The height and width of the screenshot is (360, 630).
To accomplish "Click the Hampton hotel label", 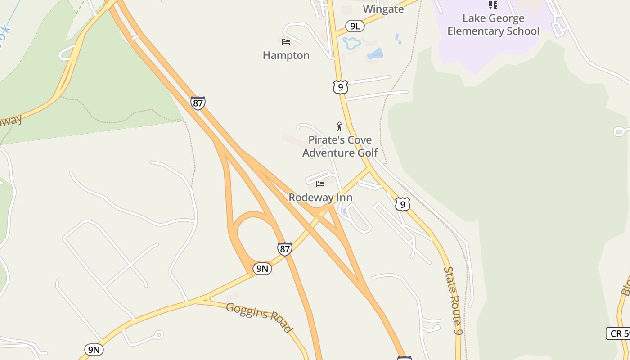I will tap(286, 55).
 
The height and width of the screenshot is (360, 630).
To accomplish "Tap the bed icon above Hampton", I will tap(286, 42).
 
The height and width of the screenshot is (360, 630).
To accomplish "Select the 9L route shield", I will tap(355, 26).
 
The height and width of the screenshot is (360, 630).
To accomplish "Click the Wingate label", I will tap(383, 9).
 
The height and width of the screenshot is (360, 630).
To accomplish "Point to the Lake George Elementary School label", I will tap(493, 25).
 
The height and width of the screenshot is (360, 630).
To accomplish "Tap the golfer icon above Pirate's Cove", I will tap(339, 126).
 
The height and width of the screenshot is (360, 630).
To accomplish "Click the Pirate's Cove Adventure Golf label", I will tap(340, 146).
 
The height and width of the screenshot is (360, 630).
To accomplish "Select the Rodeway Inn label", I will tap(320, 198).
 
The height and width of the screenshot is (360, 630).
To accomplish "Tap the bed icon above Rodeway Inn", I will tap(320, 184).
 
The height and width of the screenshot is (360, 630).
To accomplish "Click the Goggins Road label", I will tap(259, 317).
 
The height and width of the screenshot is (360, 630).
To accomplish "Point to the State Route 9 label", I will tap(453, 300).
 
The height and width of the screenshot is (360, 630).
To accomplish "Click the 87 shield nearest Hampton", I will tap(198, 103).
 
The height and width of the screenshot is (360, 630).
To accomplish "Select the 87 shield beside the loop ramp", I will tap(284, 249).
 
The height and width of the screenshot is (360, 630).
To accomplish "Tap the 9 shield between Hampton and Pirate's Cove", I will tap(341, 87).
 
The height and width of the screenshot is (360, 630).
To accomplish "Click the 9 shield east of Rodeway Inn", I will tap(403, 204).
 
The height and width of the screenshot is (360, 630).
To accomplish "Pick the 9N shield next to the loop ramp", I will tap(262, 269).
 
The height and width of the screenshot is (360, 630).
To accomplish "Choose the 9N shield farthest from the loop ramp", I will tap(94, 350).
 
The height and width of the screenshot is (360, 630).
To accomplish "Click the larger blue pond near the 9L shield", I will tap(351, 43).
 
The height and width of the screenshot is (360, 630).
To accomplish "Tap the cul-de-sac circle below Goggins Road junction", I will tap(158, 335).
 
